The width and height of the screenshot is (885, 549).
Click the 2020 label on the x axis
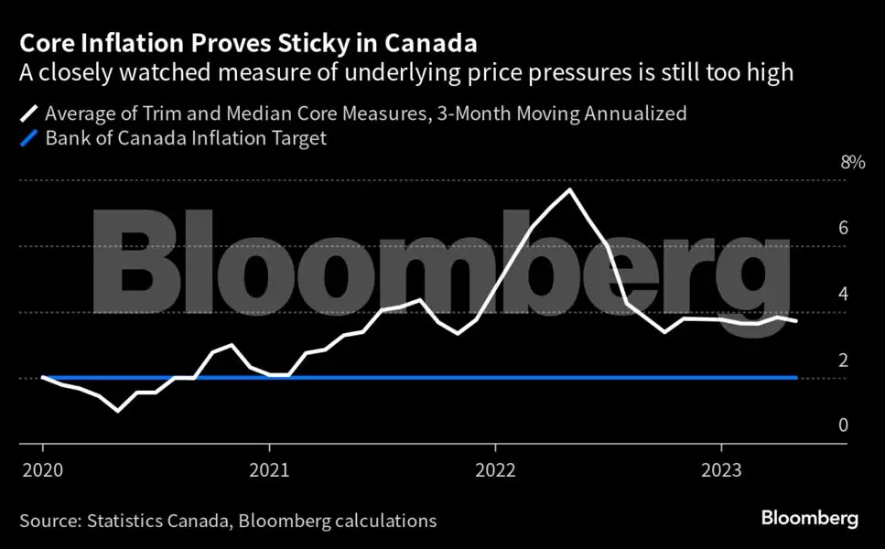coord(43,470)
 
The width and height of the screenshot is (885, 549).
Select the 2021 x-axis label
coord(269,470)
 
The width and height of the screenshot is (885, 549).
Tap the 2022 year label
coord(495,470)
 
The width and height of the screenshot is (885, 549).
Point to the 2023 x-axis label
coord(721,470)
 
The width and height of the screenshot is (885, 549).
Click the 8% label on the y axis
coord(852,163)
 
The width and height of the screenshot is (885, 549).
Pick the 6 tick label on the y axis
coord(843,228)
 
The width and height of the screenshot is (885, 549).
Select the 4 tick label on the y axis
coord(843,294)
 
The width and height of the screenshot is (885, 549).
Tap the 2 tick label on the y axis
coord(843,360)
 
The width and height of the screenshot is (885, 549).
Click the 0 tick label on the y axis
coord(843,425)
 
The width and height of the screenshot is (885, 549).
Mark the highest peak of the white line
coord(570,189)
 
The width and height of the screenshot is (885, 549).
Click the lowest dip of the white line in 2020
coord(118,410)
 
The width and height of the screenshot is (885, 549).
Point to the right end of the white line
coord(796,321)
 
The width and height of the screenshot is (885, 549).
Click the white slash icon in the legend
coord(29,113)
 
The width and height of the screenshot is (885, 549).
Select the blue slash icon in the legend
coord(29,138)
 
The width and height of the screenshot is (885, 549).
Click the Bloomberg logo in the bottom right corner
coord(810,518)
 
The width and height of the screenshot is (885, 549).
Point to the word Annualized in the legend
coord(635,113)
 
